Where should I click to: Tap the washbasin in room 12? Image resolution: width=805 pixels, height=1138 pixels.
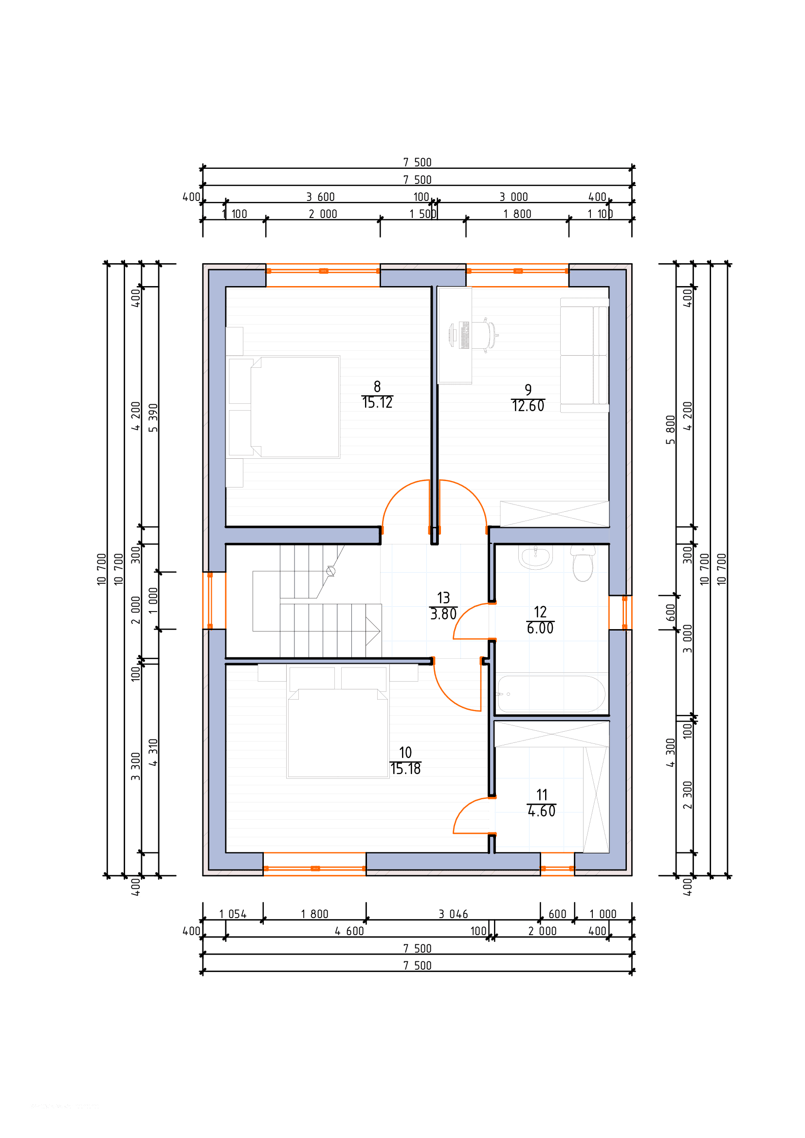click(535, 557)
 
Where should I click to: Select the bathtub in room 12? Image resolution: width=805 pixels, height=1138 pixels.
click(551, 694)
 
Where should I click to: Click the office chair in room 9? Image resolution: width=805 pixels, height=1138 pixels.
click(485, 336)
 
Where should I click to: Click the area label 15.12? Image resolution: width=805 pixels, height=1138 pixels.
click(377, 402)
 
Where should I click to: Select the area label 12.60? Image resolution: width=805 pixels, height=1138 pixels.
click(528, 406)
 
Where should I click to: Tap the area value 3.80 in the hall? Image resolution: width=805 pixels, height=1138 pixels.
click(443, 614)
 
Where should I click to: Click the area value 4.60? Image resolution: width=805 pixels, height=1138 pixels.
click(541, 811)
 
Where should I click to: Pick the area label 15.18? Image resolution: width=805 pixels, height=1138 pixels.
click(405, 769)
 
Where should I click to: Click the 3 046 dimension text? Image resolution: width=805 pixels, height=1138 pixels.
click(453, 914)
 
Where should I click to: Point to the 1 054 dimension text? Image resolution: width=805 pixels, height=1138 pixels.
click(233, 914)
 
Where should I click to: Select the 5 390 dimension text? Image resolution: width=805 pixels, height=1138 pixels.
click(153, 418)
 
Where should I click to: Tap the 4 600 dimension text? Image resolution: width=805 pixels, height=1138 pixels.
click(349, 931)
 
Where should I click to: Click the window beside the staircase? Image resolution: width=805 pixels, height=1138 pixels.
click(210, 600)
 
